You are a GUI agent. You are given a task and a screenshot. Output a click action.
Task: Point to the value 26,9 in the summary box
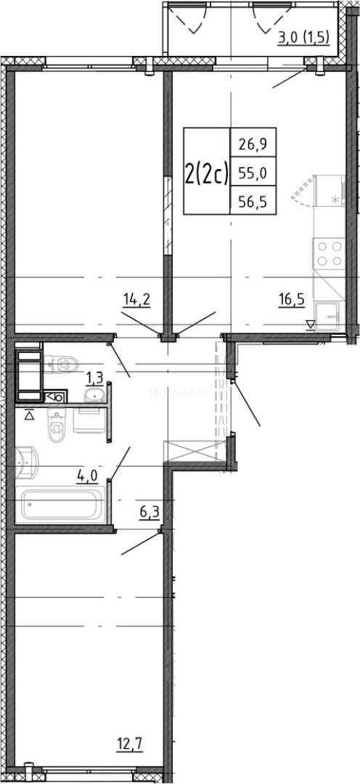247,143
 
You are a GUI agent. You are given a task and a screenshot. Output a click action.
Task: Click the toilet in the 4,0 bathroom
56,426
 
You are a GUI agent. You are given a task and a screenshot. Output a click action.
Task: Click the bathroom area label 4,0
88,476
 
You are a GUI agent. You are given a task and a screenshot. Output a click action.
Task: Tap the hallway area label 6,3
150,513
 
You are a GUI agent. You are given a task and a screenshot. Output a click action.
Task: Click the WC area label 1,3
94,377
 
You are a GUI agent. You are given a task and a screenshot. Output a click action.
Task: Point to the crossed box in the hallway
192,451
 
